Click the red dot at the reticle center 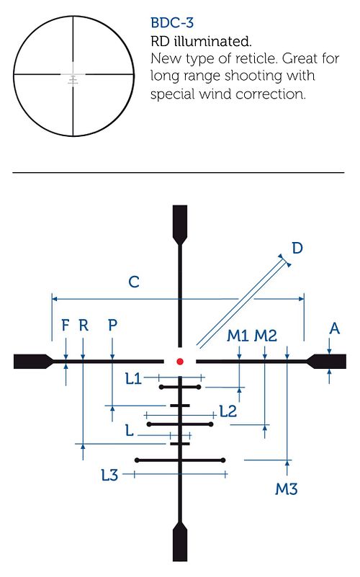pos(180,362)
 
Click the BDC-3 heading pos(172,23)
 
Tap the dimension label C pos(134,282)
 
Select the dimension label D pos(297,249)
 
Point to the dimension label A pos(334,328)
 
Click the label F pos(65,326)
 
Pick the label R pos(84,326)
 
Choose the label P pos(112,326)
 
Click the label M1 pos(238,336)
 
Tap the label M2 pos(266,336)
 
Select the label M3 pos(286,489)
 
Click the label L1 pos(133,378)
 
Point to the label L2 pos(228,411)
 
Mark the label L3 pos(109,475)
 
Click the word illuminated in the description pos(212,41)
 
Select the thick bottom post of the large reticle pos(180,541)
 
